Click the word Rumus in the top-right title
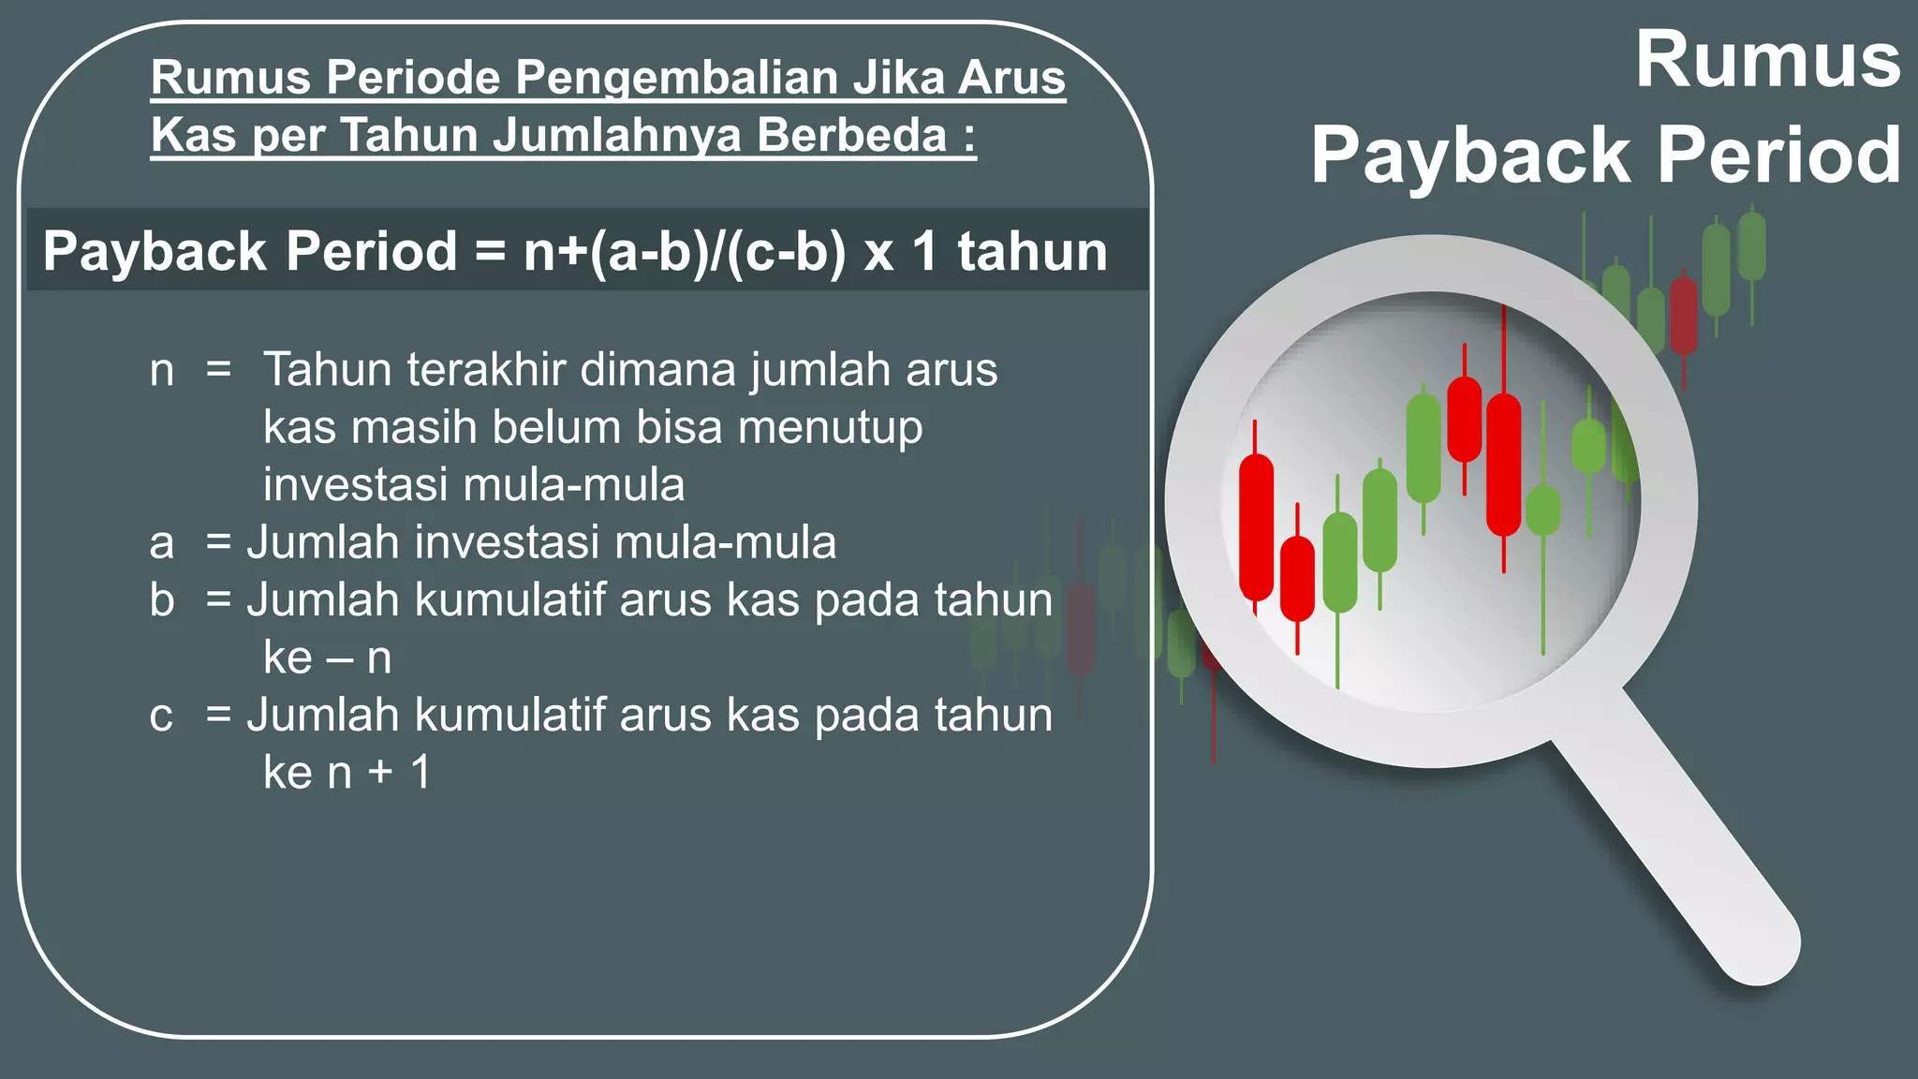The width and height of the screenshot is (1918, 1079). [x=1767, y=60]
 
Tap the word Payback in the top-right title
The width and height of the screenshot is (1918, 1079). [x=1470, y=155]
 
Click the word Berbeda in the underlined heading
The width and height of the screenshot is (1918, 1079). [x=851, y=136]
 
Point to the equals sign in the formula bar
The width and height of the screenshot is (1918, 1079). [x=490, y=252]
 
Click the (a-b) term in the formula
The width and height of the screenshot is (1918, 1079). [x=646, y=252]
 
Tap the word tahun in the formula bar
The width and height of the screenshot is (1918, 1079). [x=1032, y=252]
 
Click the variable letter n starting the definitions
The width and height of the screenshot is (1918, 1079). [x=162, y=371]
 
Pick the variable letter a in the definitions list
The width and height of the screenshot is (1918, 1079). [x=162, y=543]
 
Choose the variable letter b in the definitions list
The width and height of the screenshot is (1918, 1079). [x=162, y=600]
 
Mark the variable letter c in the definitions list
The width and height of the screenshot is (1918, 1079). [x=161, y=717]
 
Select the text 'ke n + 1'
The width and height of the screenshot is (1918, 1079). [x=347, y=773]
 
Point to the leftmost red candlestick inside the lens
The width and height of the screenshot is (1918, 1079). [x=1256, y=526]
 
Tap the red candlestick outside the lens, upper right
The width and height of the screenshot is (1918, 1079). [x=1683, y=316]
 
